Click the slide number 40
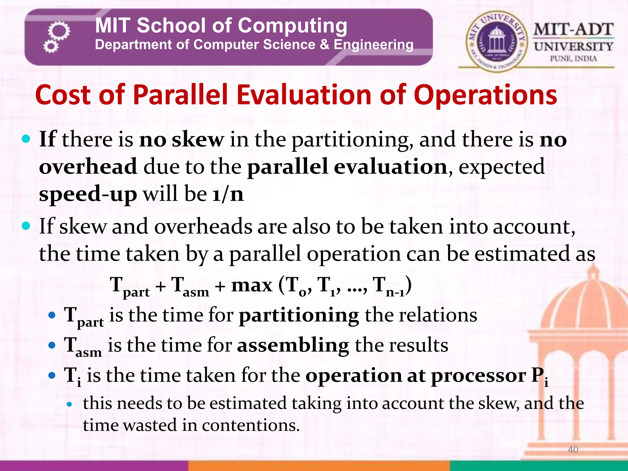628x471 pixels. coord(573,450)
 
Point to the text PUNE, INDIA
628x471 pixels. coord(573,59)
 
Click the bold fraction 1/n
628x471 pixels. coord(228,194)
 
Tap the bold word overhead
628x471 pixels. coord(88,167)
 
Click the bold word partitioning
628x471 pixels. coord(299,316)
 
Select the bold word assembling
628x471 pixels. coord(293,346)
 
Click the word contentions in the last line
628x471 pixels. coord(251,425)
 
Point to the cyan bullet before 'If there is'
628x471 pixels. coord(26,139)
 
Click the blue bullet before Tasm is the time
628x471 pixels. coord(52,346)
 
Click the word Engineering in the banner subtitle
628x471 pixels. coord(373,45)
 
